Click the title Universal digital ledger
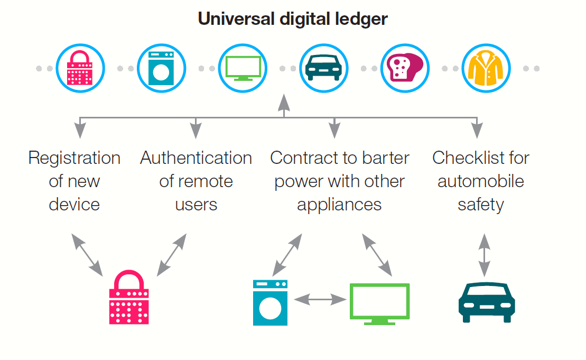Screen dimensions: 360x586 pyautogui.click(x=293, y=20)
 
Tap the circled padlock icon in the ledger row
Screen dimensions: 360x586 pyautogui.click(x=80, y=68)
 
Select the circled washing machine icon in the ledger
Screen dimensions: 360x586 pyautogui.click(x=161, y=68)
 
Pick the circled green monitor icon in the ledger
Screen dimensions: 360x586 pyautogui.click(x=243, y=68)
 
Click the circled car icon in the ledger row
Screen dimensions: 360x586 pyautogui.click(x=324, y=68)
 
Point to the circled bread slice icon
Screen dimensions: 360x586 pyautogui.click(x=405, y=68)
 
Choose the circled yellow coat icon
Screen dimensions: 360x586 pyautogui.click(x=486, y=68)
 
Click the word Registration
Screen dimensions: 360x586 pyautogui.click(x=75, y=158)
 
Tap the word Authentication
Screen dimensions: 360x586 pyautogui.click(x=196, y=158)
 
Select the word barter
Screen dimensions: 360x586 pyautogui.click(x=386, y=158)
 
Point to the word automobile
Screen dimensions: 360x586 pyautogui.click(x=481, y=181)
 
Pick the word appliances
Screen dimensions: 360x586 pyautogui.click(x=339, y=205)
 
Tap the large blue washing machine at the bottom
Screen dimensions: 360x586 pyautogui.click(x=270, y=302)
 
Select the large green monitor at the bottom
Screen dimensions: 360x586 pyautogui.click(x=379, y=303)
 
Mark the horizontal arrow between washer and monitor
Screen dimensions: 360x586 pyautogui.click(x=320, y=300)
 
